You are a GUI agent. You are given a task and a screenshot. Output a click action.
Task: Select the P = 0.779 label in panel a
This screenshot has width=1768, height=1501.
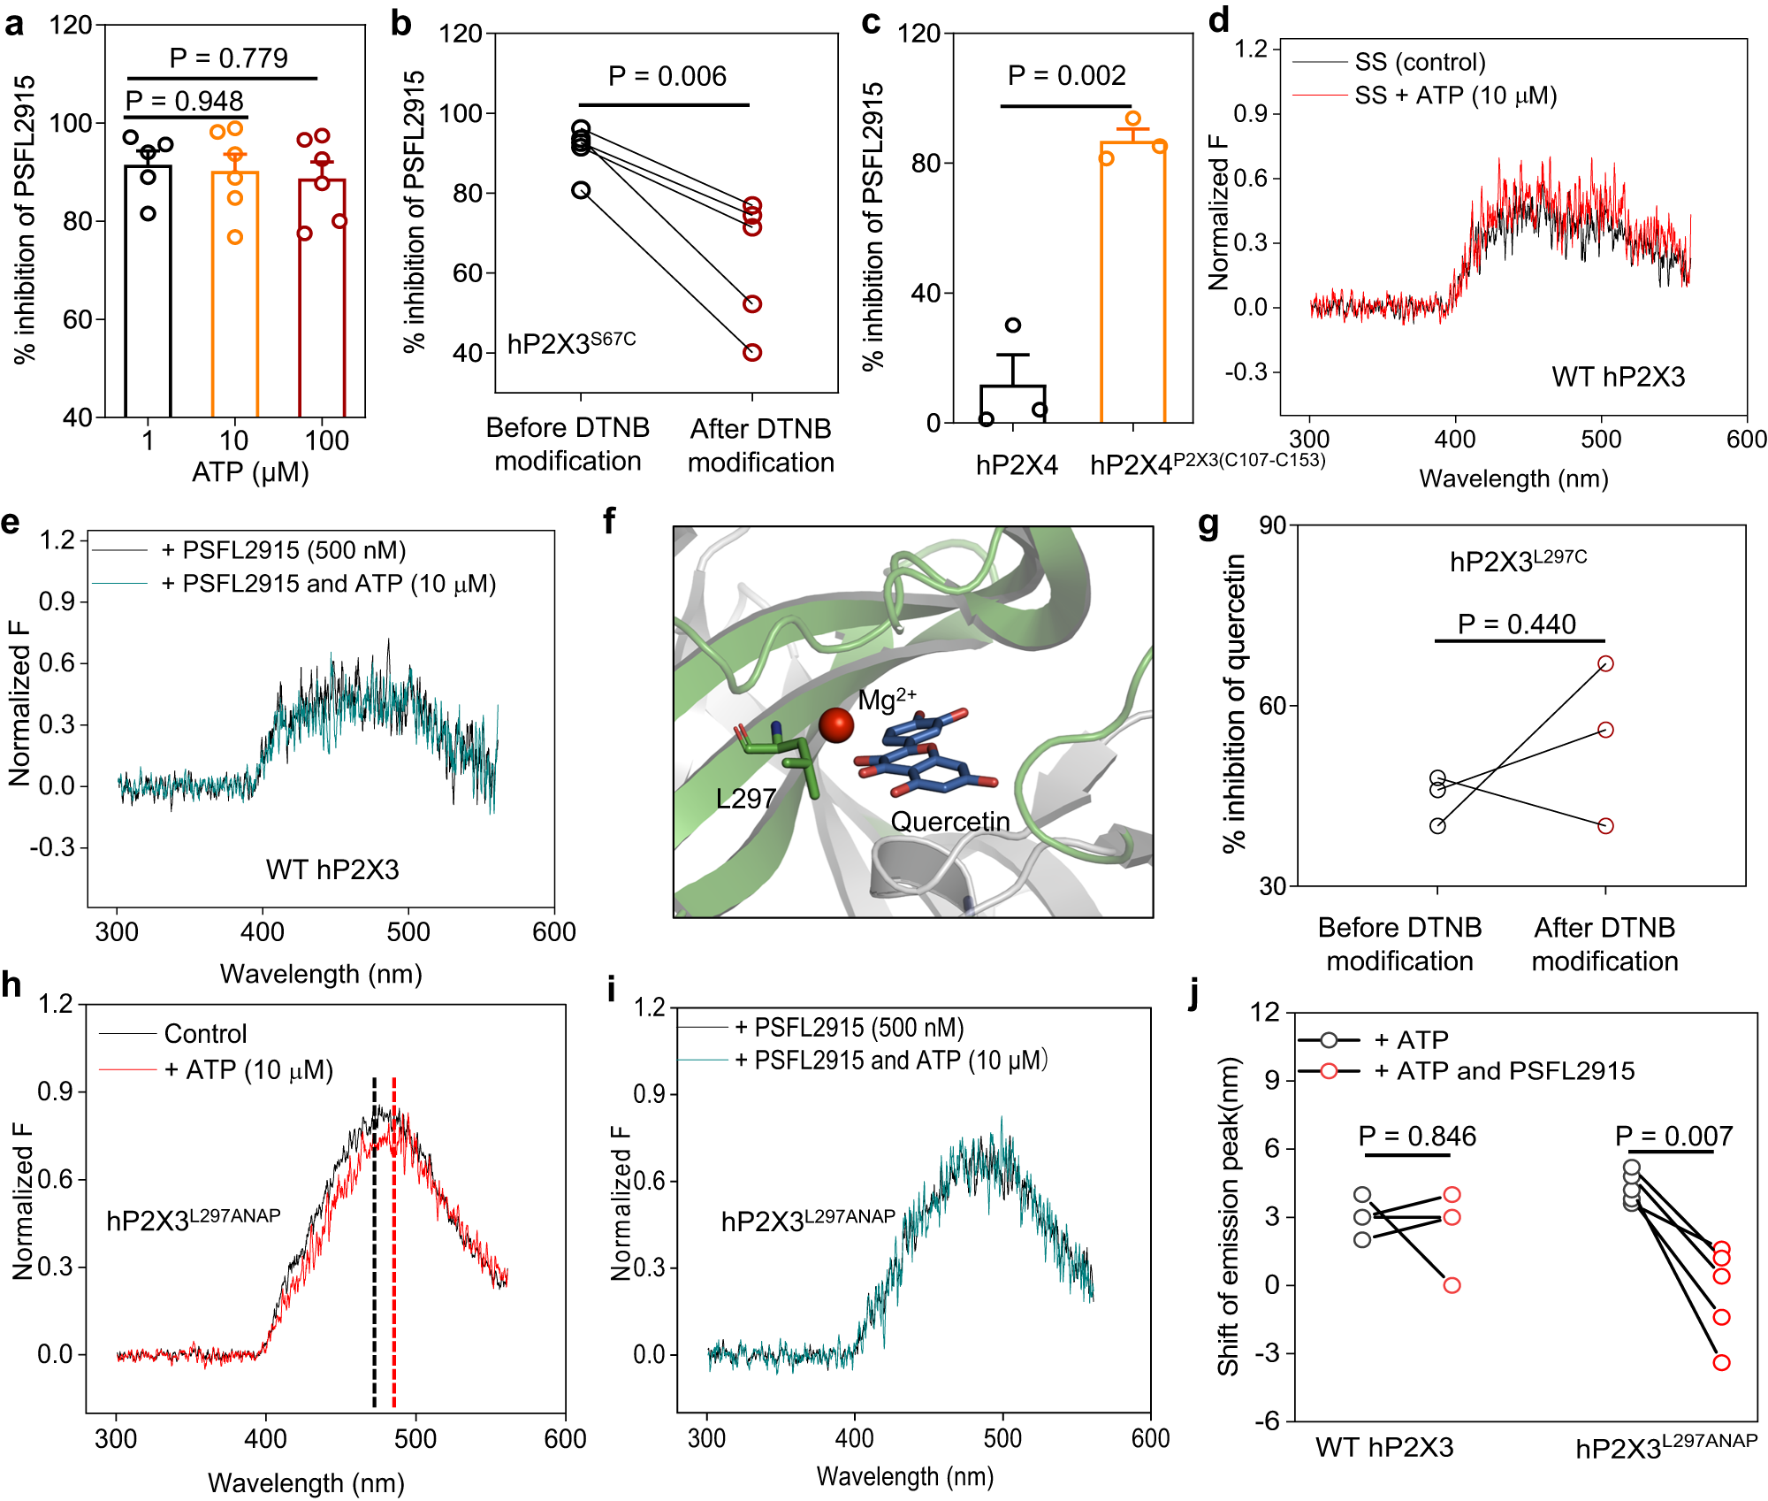pyautogui.click(x=228, y=58)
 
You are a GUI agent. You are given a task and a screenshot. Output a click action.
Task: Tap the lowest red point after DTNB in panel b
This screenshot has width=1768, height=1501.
pyautogui.click(x=752, y=352)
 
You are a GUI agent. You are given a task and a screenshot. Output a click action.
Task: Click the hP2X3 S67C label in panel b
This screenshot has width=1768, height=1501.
pyautogui.click(x=571, y=343)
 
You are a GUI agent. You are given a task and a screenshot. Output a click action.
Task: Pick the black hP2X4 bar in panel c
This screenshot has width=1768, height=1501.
pyautogui.click(x=1012, y=403)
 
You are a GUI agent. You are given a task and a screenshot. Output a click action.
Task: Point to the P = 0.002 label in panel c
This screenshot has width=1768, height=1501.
pyautogui.click(x=1066, y=76)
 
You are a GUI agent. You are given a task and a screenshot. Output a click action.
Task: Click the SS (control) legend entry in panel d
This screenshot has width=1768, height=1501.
pyautogui.click(x=1420, y=62)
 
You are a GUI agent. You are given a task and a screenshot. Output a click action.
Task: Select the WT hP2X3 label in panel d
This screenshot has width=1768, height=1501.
pyautogui.click(x=1618, y=377)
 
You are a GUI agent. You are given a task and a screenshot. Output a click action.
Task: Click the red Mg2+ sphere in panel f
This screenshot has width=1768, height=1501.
pyautogui.click(x=835, y=725)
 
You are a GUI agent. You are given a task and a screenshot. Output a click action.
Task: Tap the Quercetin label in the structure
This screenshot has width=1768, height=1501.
pyautogui.click(x=949, y=822)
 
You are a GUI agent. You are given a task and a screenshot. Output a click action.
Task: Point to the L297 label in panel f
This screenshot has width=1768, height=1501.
pyautogui.click(x=745, y=799)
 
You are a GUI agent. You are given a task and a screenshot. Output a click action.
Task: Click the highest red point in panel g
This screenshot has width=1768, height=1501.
pyautogui.click(x=1605, y=663)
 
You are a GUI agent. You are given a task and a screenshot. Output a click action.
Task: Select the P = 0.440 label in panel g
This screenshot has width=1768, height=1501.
pyautogui.click(x=1516, y=624)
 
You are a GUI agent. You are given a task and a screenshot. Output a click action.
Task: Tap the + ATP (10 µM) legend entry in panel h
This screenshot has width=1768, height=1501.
pyautogui.click(x=248, y=1070)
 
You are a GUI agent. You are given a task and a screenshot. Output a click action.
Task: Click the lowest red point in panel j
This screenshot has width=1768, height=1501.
pyautogui.click(x=1721, y=1362)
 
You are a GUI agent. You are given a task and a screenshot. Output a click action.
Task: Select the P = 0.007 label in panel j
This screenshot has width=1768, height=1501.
pyautogui.click(x=1673, y=1136)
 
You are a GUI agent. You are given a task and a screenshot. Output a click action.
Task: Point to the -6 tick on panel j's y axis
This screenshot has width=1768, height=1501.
pyautogui.click(x=1267, y=1421)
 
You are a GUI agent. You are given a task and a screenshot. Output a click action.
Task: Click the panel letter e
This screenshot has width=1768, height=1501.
pyautogui.click(x=11, y=522)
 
